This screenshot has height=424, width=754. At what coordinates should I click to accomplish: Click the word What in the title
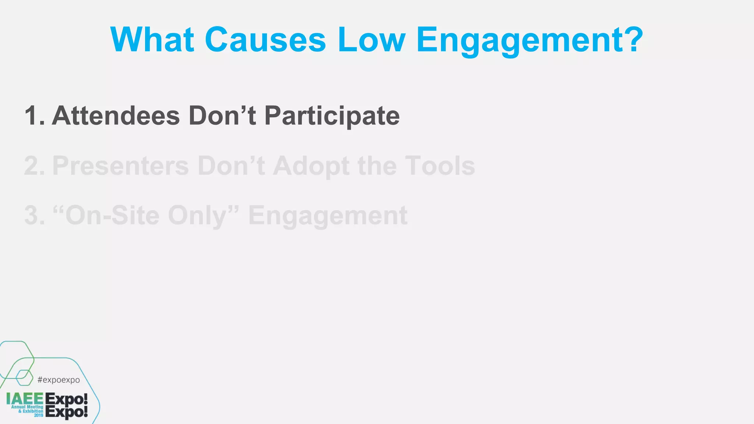coord(152,40)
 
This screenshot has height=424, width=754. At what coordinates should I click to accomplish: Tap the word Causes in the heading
coord(265,40)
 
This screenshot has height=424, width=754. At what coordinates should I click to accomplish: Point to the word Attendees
coord(116,116)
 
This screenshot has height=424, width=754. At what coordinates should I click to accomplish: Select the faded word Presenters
coord(120,166)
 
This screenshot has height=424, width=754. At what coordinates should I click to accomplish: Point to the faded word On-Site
coord(112,216)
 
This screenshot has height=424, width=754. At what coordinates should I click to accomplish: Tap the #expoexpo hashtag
coord(59,380)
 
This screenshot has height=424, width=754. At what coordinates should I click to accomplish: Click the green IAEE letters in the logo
coord(25,399)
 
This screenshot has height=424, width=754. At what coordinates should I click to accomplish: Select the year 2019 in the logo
coord(39,416)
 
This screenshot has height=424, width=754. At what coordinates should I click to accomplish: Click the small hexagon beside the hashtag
coord(24,378)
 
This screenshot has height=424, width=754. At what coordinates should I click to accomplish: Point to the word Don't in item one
coord(222,116)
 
